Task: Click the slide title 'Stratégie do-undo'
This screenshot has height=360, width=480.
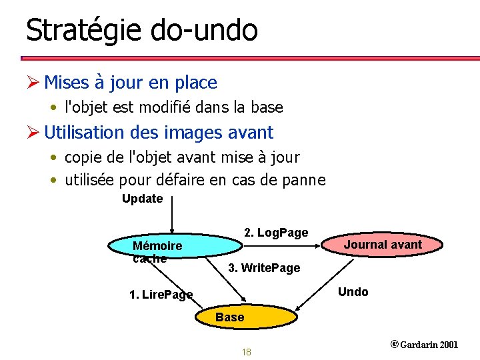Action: pos(141,30)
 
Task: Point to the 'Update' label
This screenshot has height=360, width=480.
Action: pos(142,199)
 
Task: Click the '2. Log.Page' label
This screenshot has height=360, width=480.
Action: pos(276,233)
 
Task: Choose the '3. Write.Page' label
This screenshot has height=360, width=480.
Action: pos(264,268)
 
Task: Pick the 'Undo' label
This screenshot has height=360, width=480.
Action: pos(353,292)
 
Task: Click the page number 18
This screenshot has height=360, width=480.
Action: pos(246,352)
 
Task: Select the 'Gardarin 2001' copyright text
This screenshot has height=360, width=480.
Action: pos(429,345)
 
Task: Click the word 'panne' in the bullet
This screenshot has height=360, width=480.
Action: pos(305,180)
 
